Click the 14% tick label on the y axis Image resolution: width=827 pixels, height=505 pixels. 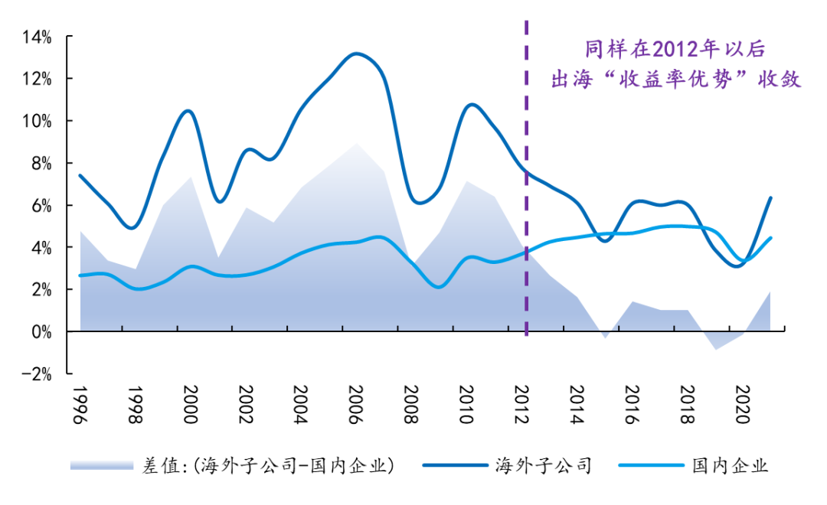pos(36,37)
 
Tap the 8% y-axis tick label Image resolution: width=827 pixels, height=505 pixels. pos(38,163)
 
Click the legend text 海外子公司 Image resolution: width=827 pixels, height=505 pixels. pos(544,465)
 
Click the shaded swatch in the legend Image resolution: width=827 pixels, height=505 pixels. pos(101,465)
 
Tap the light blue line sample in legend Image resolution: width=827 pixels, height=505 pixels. pos(646,465)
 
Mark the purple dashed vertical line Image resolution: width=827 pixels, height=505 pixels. pos(526,191)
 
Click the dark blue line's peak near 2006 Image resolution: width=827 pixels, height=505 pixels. pos(356,54)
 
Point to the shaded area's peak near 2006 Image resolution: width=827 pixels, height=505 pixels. pos(356,143)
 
